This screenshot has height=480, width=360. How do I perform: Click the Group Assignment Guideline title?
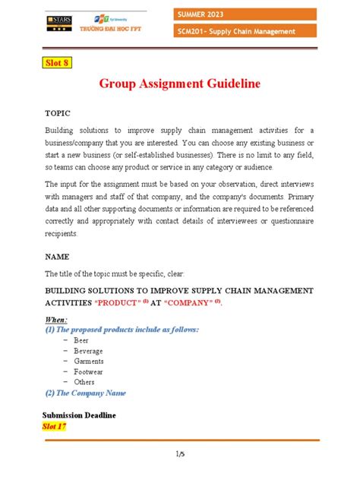click(179, 83)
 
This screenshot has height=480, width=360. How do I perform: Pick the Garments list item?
click(89, 362)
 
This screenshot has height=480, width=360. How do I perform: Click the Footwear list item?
click(89, 372)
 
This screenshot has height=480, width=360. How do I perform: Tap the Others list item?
click(85, 382)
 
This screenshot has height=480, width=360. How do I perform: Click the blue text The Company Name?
click(90, 393)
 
